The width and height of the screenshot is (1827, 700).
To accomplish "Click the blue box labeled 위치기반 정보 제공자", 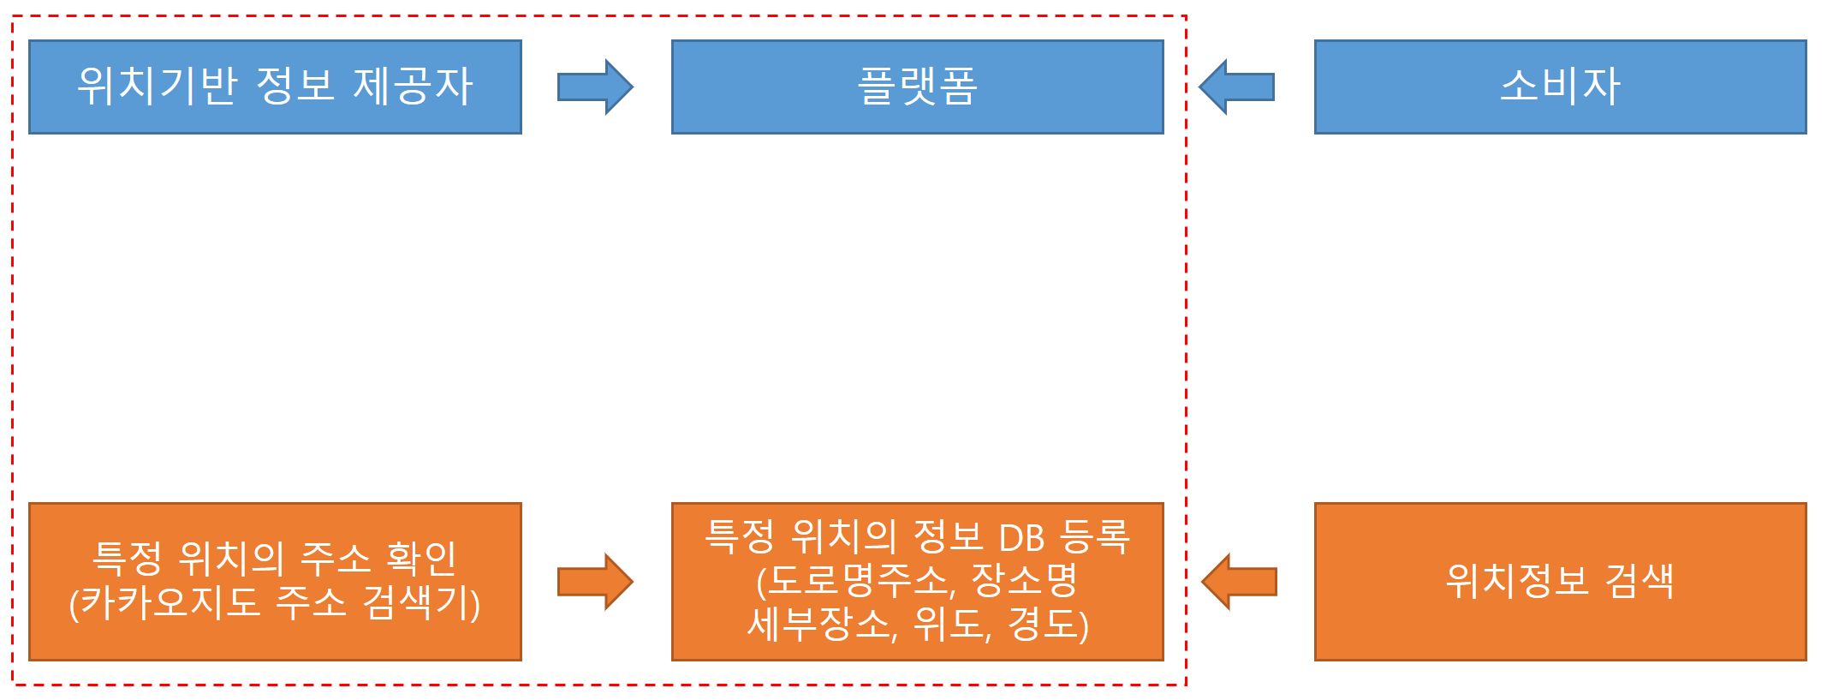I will coord(275,87).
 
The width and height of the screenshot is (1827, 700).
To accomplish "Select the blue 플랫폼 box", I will coord(917,87).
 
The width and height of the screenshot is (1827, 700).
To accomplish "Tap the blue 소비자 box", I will coord(1560,87).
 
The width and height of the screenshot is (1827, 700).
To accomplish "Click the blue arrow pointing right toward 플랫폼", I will coord(595,87).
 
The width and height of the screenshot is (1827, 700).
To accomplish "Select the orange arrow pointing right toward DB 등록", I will coord(595,582).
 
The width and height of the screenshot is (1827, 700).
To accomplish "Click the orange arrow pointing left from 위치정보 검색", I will coord(1239,582).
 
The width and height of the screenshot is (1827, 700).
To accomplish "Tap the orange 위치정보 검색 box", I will coord(1560,582).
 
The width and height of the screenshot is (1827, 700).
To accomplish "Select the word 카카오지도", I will coord(170,603).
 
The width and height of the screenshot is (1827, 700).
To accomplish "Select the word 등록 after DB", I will coord(1095,538).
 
